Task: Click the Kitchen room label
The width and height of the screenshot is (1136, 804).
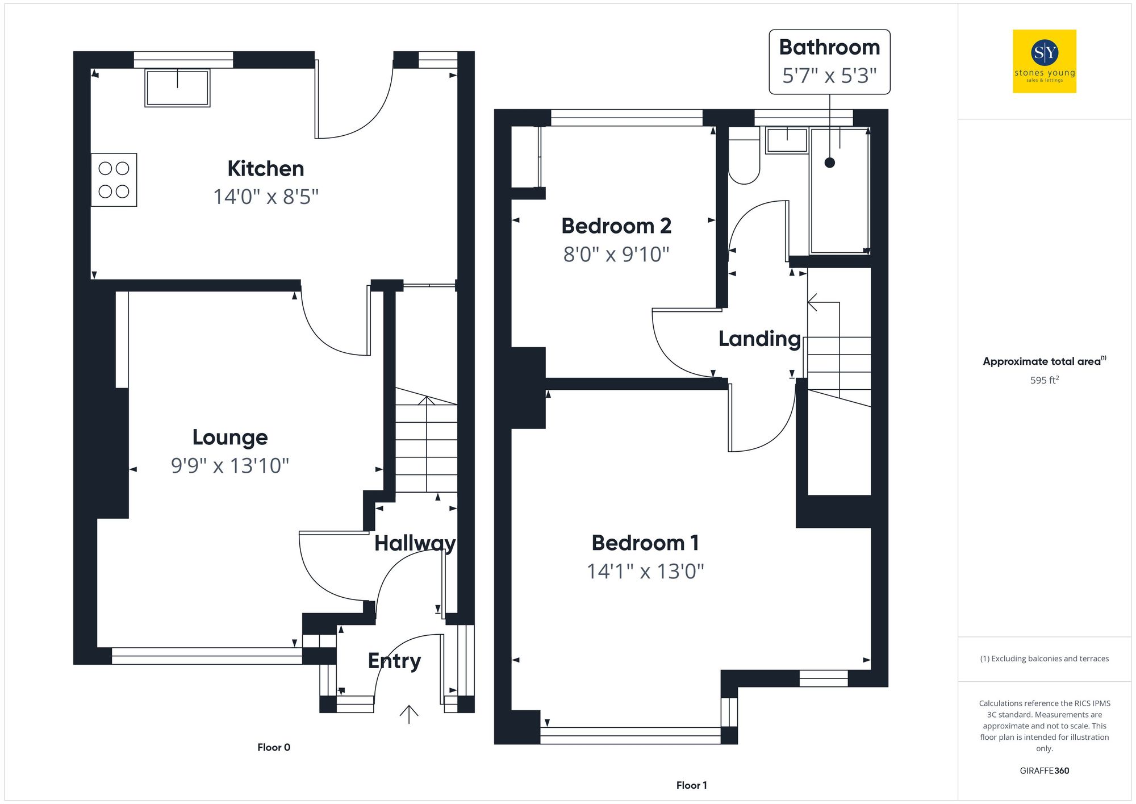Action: tap(265, 169)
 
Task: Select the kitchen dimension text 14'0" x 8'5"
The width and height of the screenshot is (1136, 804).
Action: tap(265, 197)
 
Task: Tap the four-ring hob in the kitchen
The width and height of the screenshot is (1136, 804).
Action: tap(114, 180)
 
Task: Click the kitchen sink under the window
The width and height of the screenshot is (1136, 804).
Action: tap(177, 88)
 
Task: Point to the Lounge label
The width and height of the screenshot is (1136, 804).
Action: tap(230, 438)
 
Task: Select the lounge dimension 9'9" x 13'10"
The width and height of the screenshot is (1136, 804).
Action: tap(230, 466)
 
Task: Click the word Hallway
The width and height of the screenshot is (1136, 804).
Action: tap(415, 544)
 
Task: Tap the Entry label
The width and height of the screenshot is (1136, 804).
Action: tap(394, 661)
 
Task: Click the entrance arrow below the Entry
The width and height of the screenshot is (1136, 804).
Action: tap(409, 714)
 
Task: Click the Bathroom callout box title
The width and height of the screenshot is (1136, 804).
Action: tap(829, 47)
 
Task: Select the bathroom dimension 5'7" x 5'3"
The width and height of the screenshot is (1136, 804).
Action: tap(829, 76)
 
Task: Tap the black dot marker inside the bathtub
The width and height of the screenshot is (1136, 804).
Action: tap(830, 163)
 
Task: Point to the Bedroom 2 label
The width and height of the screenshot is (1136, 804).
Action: tap(616, 226)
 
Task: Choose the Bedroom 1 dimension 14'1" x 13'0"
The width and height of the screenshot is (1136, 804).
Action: tap(645, 572)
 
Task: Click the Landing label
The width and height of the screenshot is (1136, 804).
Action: tap(759, 339)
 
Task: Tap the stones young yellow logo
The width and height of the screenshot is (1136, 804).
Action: tap(1045, 61)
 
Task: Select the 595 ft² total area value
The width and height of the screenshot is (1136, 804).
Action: tap(1044, 380)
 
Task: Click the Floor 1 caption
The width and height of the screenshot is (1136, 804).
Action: tap(691, 785)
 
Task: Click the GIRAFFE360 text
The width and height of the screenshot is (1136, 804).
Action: tap(1044, 771)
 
